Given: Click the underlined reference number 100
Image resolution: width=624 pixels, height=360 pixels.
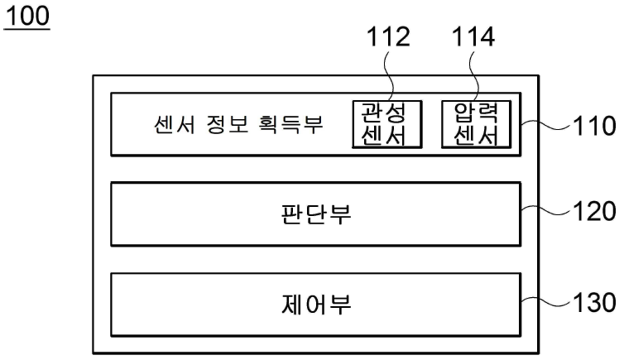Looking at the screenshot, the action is pos(27,17).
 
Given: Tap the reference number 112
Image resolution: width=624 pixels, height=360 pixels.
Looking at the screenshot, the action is pos(388,37).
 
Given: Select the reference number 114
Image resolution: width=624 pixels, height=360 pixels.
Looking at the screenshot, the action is pos(473,37).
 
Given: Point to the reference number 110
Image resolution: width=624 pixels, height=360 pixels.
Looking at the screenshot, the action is pos(594,126).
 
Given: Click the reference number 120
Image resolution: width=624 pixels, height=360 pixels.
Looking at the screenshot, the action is pos(594,211).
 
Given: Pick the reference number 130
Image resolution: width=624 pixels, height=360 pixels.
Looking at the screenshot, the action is pos(594,303).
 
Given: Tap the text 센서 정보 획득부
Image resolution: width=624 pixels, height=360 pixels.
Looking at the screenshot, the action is pos(238,124).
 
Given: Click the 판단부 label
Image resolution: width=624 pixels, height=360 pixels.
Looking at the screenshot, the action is pos(316,214).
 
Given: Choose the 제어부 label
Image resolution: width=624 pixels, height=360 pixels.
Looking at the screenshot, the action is pos(316,305).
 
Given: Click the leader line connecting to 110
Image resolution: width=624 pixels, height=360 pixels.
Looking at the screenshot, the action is pos(546,125).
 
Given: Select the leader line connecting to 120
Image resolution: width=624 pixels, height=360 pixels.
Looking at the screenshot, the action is pos(546,211).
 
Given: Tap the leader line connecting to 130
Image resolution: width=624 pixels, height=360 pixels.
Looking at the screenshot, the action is pos(546,302).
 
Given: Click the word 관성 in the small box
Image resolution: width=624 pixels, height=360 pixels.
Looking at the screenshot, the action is pos(383,113).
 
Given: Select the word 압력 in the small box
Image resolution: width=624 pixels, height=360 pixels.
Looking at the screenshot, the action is pos(477,113).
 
